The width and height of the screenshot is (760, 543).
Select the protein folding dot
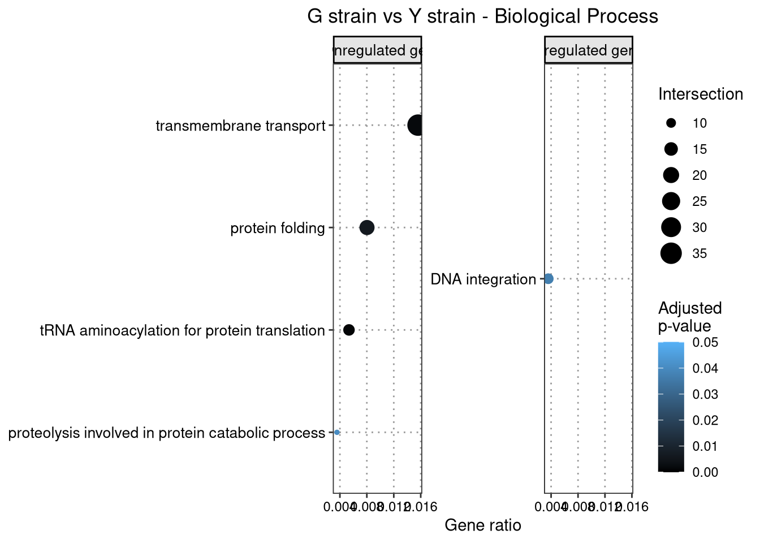[x=367, y=228]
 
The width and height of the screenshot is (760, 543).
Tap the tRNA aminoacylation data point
[x=349, y=330]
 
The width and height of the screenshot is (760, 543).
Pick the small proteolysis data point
[x=337, y=432]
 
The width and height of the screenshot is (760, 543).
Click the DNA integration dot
[x=548, y=278]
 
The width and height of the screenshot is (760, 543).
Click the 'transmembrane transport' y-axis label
[x=241, y=126]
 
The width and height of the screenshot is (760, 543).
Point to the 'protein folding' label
[x=278, y=229]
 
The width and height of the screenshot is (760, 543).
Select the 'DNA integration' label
[x=483, y=279]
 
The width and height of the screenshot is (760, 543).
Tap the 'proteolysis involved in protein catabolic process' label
[x=167, y=433]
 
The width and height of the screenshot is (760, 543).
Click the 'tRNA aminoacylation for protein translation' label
[x=182, y=330]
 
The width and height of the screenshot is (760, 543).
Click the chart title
[x=482, y=16]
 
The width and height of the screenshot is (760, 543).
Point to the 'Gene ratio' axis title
[x=483, y=525]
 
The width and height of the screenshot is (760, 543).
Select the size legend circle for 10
[x=671, y=123]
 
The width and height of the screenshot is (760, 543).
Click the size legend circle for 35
[x=671, y=253]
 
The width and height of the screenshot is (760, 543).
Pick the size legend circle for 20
[x=671, y=175]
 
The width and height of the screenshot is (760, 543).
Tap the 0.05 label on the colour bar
[x=705, y=342]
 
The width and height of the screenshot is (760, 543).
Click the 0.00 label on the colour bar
[x=705, y=472]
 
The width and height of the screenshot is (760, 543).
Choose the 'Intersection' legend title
[x=700, y=94]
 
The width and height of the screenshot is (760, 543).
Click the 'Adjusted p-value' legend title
[x=690, y=317]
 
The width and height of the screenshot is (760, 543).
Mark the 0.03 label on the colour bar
[x=705, y=394]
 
